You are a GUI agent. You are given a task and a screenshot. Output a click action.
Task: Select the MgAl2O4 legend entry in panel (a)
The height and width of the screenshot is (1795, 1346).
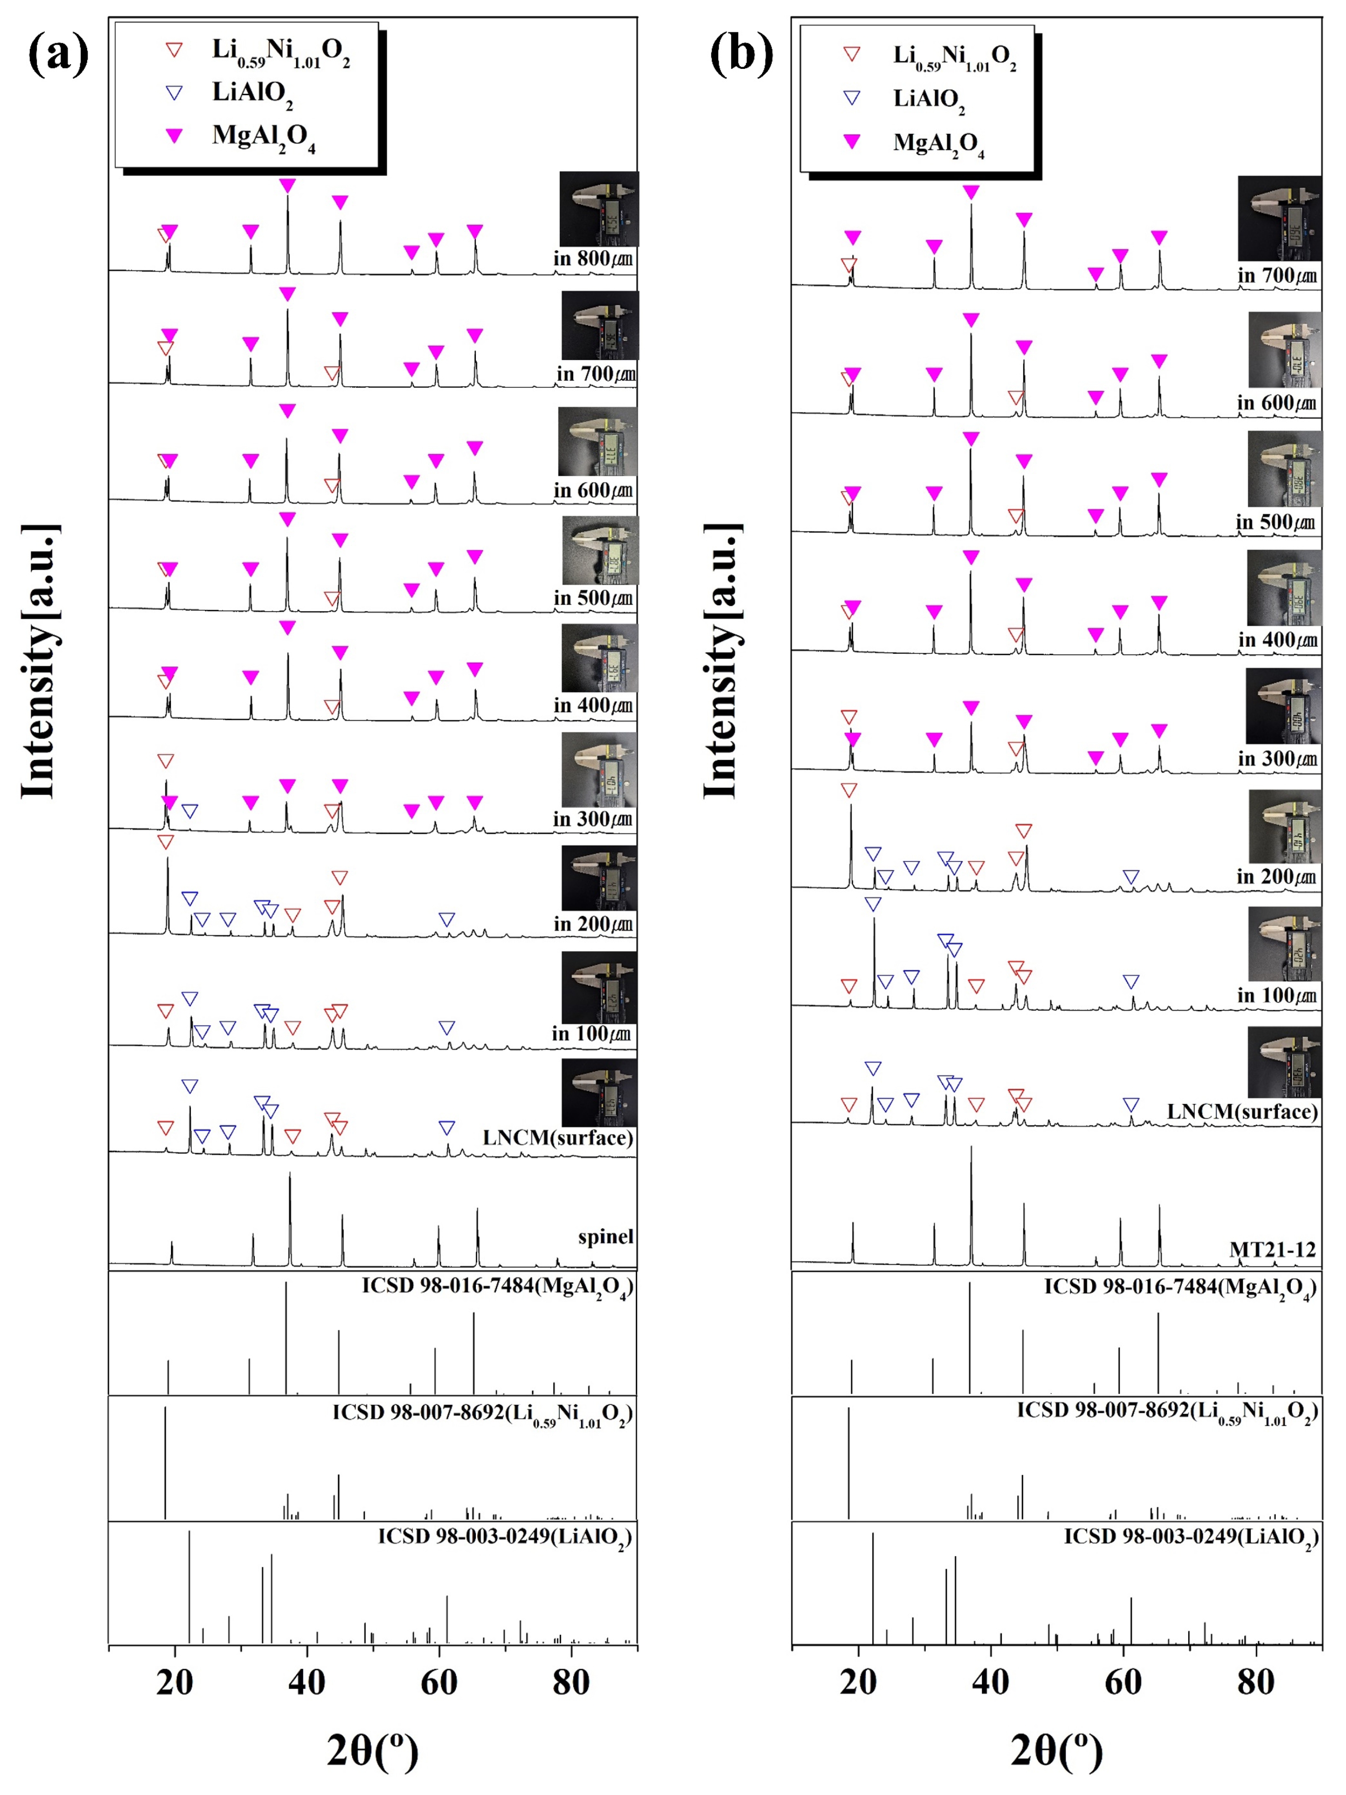262,136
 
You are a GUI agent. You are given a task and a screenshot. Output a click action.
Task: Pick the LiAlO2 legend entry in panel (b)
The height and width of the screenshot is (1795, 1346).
929,99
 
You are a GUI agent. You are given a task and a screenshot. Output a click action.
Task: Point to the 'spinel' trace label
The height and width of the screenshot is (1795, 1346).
605,1237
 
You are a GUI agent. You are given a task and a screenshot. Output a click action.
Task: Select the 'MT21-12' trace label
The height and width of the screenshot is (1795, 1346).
1272,1250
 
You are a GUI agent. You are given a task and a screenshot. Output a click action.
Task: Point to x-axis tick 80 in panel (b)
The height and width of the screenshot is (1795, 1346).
1255,1682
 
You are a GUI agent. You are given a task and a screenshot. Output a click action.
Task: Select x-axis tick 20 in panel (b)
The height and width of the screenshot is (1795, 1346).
858,1682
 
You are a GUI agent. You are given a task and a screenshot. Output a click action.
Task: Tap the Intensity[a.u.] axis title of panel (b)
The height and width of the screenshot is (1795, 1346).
722,662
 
